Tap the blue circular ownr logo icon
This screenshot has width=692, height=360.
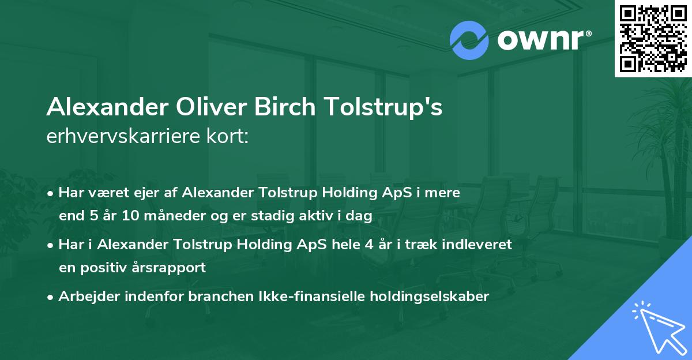coord(469,40)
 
